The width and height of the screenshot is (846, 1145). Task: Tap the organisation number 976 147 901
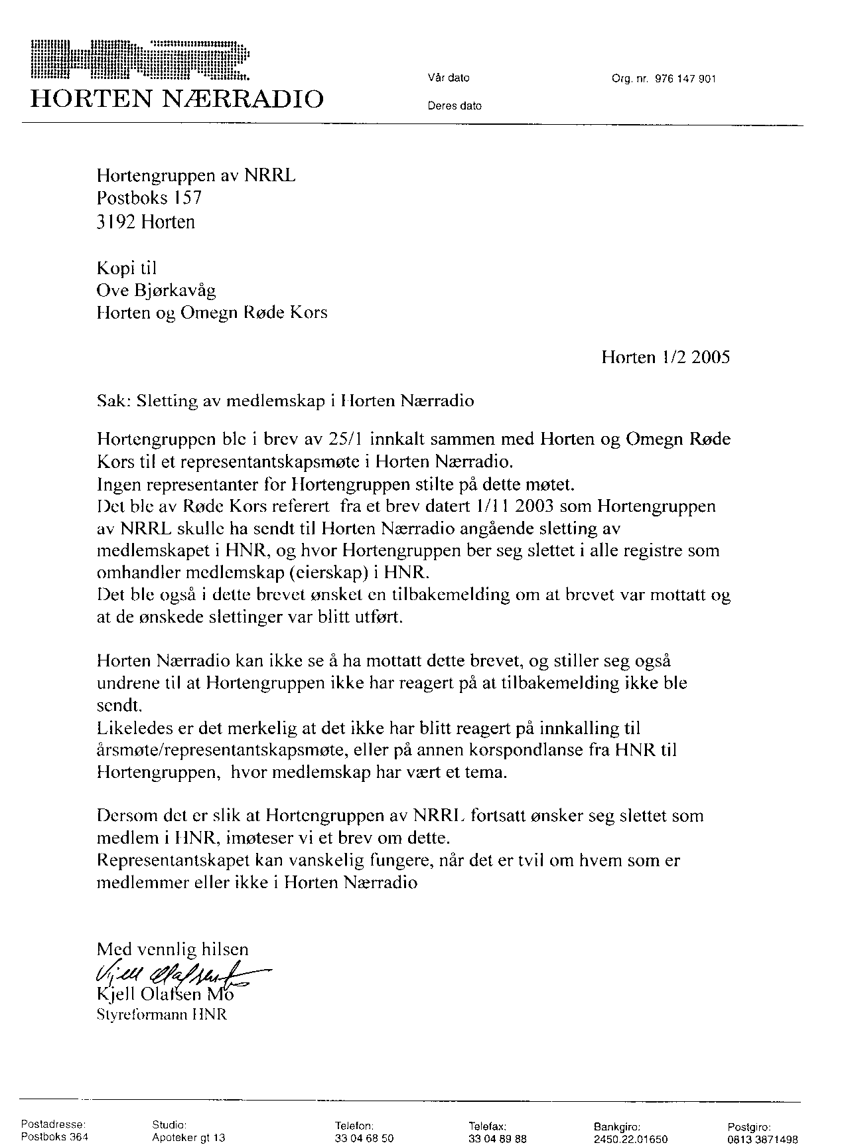[685, 79]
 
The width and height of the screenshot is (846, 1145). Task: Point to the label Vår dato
[449, 78]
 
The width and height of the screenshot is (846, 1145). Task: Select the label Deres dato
[455, 106]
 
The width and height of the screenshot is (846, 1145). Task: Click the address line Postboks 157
[149, 198]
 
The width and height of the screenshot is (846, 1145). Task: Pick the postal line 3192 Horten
[146, 221]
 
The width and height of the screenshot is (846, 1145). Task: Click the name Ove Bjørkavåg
[156, 290]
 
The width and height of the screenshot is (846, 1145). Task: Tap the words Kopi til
[127, 267]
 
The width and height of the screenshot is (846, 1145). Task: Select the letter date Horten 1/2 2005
[665, 357]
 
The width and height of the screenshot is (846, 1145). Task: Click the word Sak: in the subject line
[111, 401]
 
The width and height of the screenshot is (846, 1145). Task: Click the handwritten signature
[173, 976]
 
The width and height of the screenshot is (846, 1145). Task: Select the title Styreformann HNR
[162, 1015]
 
